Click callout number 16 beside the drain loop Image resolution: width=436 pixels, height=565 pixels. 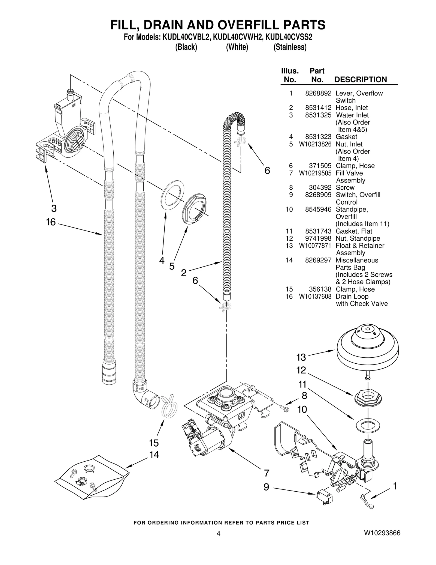51,222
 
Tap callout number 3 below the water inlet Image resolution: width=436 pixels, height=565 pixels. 54,208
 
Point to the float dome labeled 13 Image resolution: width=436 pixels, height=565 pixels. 368,349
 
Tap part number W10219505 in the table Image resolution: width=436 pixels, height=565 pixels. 315,173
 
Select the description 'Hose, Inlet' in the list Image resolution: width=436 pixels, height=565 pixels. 352,108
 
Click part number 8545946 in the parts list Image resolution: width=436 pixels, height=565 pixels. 318,210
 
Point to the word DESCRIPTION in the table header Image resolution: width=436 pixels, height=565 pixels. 361,80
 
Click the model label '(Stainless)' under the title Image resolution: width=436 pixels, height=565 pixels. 290,47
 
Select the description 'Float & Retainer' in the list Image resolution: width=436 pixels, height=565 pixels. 360,246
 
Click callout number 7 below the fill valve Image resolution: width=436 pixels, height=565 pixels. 267,473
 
